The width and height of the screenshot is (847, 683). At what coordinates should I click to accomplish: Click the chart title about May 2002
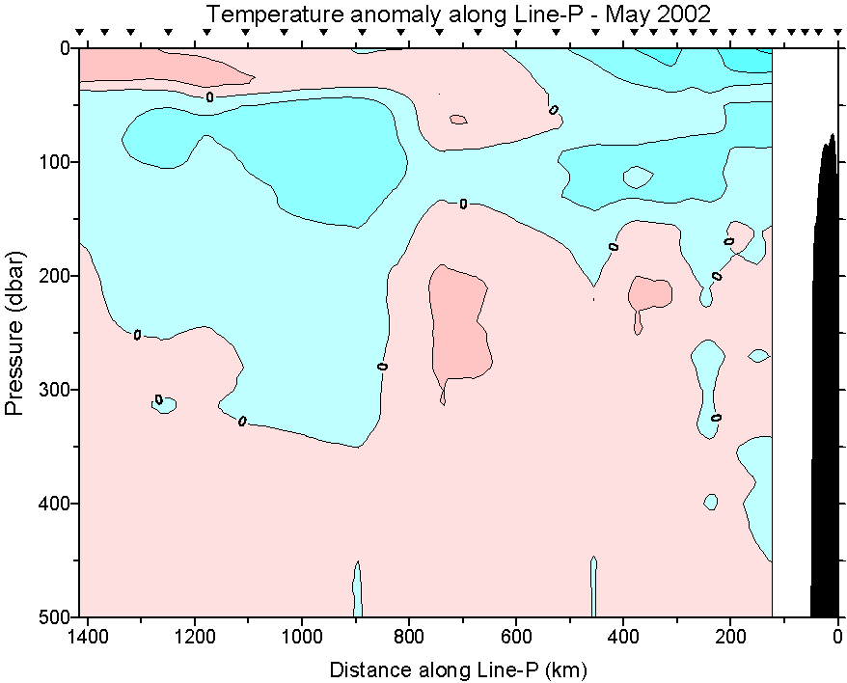(x=458, y=14)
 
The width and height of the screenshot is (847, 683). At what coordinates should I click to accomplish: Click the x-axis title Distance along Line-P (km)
(x=458, y=669)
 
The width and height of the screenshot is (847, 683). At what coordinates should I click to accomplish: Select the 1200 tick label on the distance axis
(x=196, y=638)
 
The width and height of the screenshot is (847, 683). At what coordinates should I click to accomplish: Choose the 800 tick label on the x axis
(x=409, y=638)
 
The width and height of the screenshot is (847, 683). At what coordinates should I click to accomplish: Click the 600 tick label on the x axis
(x=516, y=638)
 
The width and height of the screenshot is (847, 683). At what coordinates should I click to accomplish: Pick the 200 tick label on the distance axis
(x=730, y=638)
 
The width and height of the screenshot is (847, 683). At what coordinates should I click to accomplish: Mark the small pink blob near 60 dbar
(x=458, y=120)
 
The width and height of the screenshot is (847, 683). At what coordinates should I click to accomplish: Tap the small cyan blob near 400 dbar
(x=711, y=502)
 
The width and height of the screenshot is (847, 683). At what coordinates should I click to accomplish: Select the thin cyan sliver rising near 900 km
(x=357, y=590)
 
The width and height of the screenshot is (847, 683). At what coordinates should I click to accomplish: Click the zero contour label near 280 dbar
(x=382, y=367)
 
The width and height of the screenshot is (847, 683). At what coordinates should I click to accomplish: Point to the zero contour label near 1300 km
(x=137, y=335)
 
